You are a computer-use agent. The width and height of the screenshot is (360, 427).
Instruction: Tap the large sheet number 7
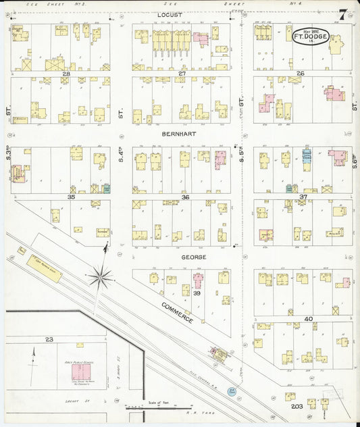344,14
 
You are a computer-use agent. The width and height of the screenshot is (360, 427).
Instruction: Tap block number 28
66,73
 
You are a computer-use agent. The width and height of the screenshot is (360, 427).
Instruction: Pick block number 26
301,73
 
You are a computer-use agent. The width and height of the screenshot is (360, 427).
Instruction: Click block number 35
71,197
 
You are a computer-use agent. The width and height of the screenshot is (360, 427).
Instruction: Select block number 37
303,197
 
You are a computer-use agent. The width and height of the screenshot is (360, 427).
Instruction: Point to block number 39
197,294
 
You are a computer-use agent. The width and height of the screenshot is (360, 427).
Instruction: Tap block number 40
309,318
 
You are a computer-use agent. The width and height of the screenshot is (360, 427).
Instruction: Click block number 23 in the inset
49,339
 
